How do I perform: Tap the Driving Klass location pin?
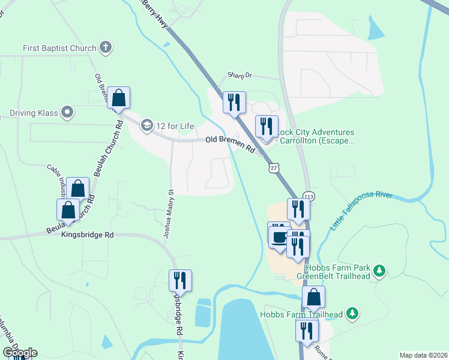point(67,112)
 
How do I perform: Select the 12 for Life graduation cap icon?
point(146,125)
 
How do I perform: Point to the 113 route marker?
point(309,196)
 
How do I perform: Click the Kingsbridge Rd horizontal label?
point(87,236)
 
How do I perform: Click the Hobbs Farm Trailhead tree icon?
point(353,314)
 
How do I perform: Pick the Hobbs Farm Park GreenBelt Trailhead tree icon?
point(379,271)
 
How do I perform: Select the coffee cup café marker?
point(279,235)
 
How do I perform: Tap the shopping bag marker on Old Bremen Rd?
point(119,98)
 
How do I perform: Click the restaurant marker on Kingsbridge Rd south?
point(179,280)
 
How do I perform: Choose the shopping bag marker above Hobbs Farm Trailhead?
point(313,296)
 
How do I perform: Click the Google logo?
point(20,353)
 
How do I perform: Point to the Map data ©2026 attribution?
point(423,355)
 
